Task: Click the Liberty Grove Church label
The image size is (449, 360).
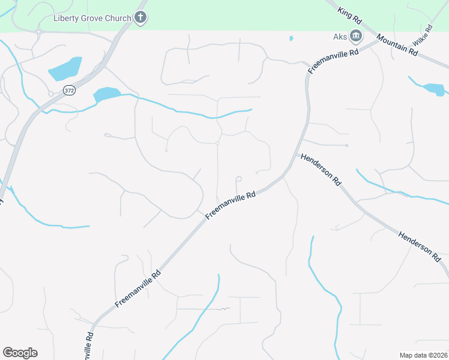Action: click(x=92, y=18)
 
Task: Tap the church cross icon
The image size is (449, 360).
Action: click(x=140, y=17)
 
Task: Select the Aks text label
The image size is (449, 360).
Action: click(x=340, y=37)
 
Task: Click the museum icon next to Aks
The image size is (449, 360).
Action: click(x=355, y=37)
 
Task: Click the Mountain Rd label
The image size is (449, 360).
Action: click(x=397, y=45)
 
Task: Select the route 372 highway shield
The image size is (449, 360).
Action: click(x=68, y=90)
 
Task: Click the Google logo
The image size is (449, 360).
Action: click(x=20, y=353)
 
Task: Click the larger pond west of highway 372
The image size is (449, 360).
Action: click(x=65, y=69)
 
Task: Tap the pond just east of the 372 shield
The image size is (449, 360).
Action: click(x=106, y=95)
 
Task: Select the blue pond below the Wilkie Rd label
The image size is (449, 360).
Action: click(x=434, y=89)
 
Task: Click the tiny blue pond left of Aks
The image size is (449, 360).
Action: click(x=291, y=38)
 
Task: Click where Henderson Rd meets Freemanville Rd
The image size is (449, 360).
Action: click(x=295, y=155)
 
